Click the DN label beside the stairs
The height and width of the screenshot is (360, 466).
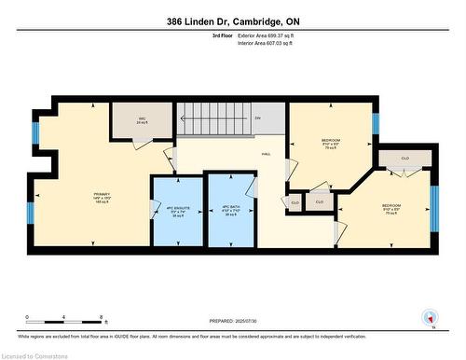click(257, 118)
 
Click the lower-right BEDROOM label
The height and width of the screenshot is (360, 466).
click(391, 208)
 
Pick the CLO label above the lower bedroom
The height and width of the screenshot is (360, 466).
click(404, 159)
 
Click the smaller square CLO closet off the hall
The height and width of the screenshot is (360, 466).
click(295, 201)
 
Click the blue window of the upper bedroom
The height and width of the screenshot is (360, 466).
click(377, 123)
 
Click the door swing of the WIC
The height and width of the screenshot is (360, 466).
click(140, 140)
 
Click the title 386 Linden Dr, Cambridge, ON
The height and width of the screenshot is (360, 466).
click(233, 21)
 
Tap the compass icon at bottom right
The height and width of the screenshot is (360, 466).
click(430, 317)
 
